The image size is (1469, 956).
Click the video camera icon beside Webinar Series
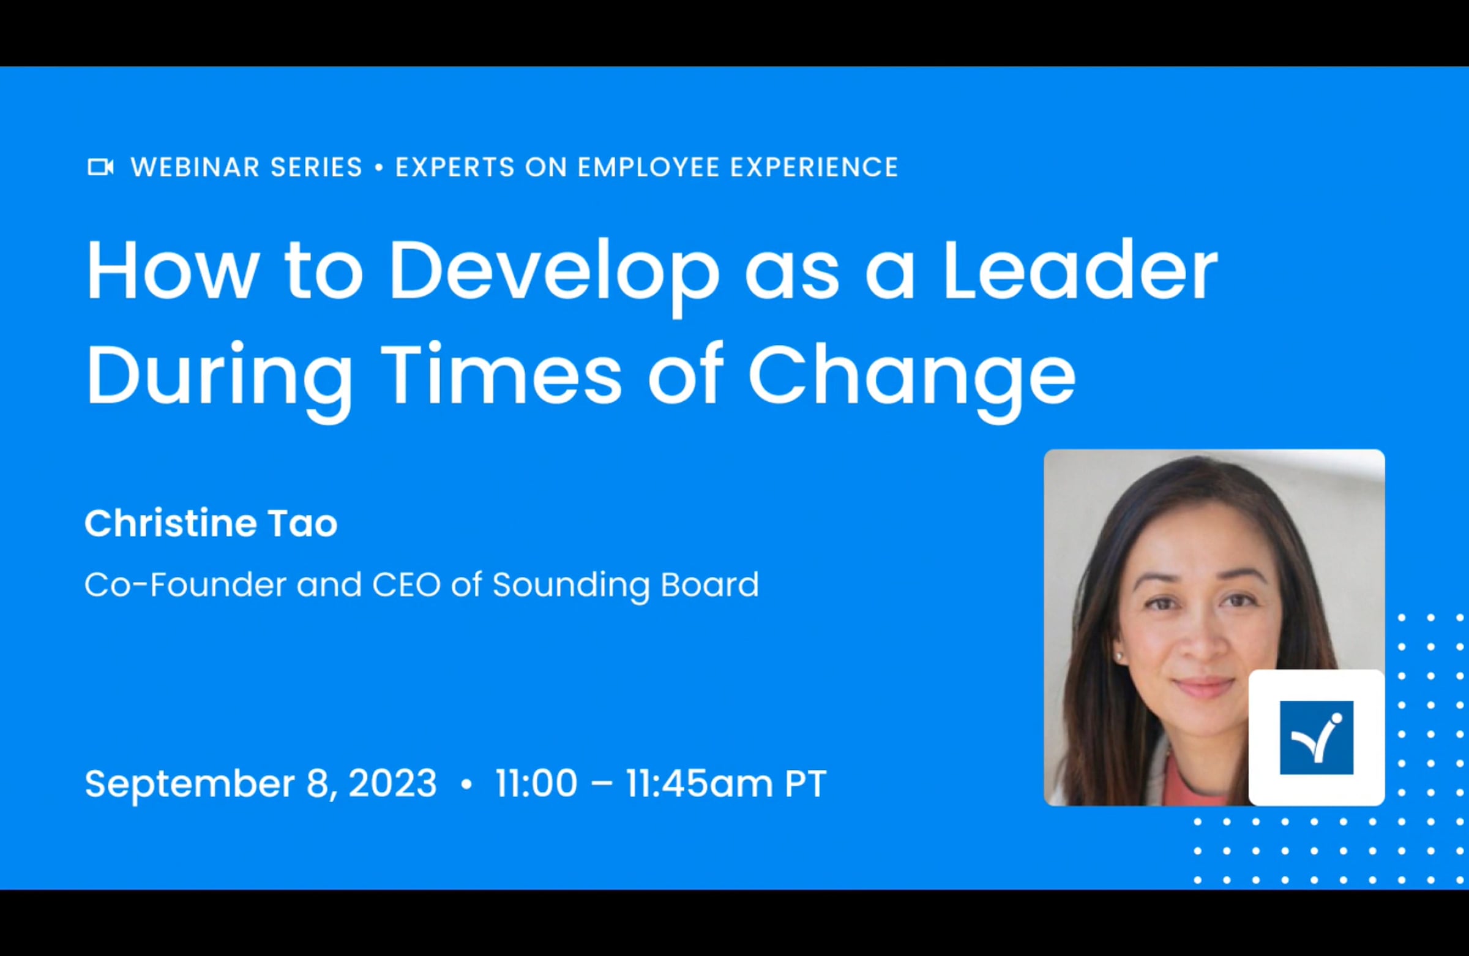pos(100,167)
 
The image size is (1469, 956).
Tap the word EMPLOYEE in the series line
pos(649,167)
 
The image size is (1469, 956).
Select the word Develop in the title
pos(554,275)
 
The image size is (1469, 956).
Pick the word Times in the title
pos(502,374)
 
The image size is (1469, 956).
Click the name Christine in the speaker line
pos(169,524)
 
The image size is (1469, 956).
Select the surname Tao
pos(302,524)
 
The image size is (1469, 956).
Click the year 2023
pos(392,783)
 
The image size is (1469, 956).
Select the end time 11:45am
pos(700,783)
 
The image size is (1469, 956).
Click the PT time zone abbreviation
pos(805,783)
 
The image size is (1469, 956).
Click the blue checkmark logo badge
pos(1317,737)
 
